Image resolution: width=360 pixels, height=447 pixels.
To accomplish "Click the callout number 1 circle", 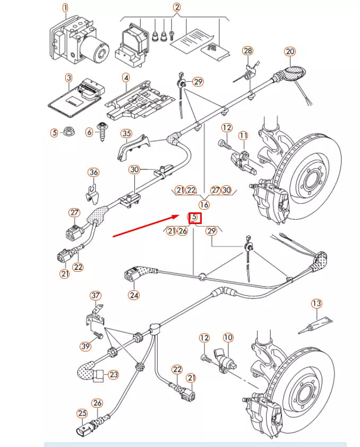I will click(x=65, y=8).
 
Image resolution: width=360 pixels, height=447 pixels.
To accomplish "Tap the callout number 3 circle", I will click(x=68, y=78).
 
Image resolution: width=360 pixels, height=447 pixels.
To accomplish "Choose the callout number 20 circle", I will click(x=289, y=51).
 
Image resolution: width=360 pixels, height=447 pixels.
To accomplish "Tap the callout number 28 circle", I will click(x=248, y=50).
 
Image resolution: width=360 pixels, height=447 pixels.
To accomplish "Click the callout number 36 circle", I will click(x=93, y=172).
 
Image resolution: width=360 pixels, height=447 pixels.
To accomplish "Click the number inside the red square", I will click(x=194, y=217).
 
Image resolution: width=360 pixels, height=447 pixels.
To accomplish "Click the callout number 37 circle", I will click(x=95, y=295).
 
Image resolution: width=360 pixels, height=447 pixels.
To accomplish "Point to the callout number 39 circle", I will click(x=85, y=346).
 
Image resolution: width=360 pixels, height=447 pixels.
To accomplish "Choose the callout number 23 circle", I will click(x=113, y=374).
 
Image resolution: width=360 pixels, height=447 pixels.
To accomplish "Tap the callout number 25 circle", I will click(x=82, y=413).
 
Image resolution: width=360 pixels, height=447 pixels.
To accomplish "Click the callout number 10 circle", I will click(x=228, y=337).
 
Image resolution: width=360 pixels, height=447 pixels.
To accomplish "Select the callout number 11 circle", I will click(x=243, y=136).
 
